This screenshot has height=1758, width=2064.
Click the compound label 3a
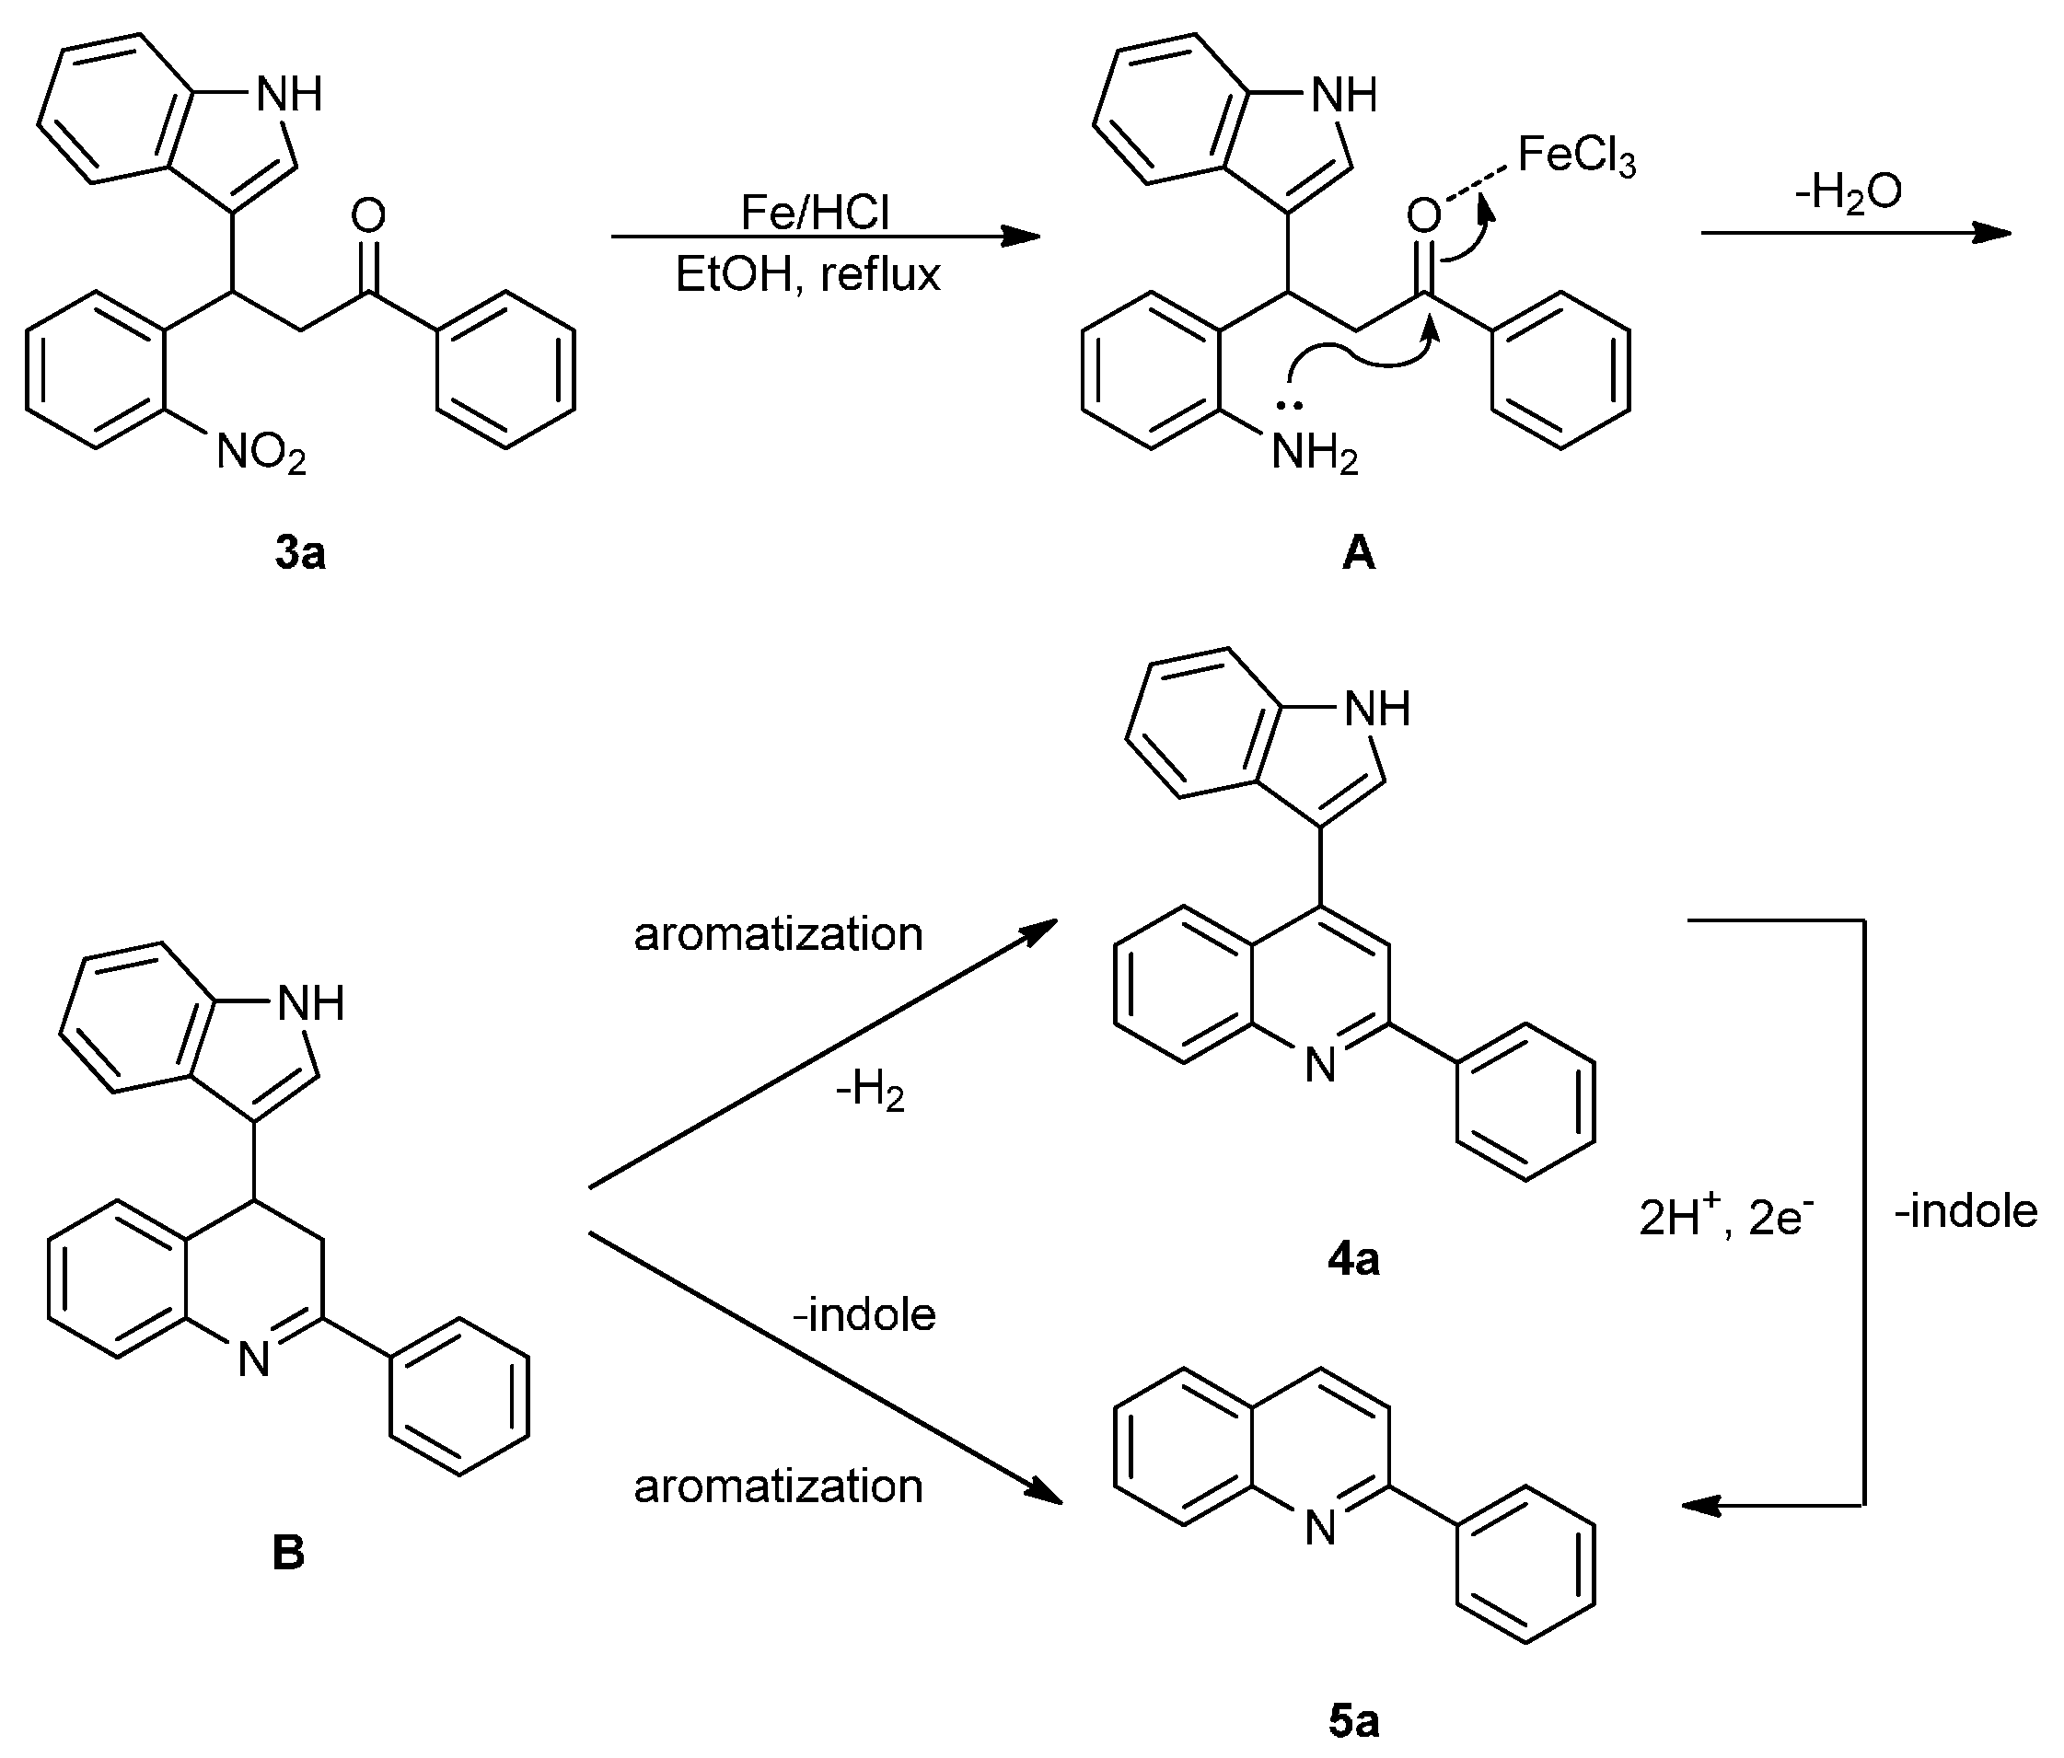(300, 553)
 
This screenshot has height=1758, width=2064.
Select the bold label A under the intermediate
(1359, 553)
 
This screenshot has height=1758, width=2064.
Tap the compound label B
(288, 1552)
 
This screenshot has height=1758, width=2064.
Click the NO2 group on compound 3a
(261, 453)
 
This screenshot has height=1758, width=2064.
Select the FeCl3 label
(1577, 156)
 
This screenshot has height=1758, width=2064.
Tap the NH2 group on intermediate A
(1315, 454)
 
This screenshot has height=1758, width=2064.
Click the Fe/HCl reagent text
(815, 211)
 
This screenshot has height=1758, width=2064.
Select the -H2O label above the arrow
(1848, 191)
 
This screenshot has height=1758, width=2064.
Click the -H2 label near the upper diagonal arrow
(870, 1092)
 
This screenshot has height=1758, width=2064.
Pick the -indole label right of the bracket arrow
(1965, 1211)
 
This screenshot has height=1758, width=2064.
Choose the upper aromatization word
(778, 933)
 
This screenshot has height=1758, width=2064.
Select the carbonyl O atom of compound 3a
(368, 215)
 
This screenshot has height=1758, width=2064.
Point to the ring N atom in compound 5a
(1320, 1527)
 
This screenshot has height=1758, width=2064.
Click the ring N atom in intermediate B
(255, 1359)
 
